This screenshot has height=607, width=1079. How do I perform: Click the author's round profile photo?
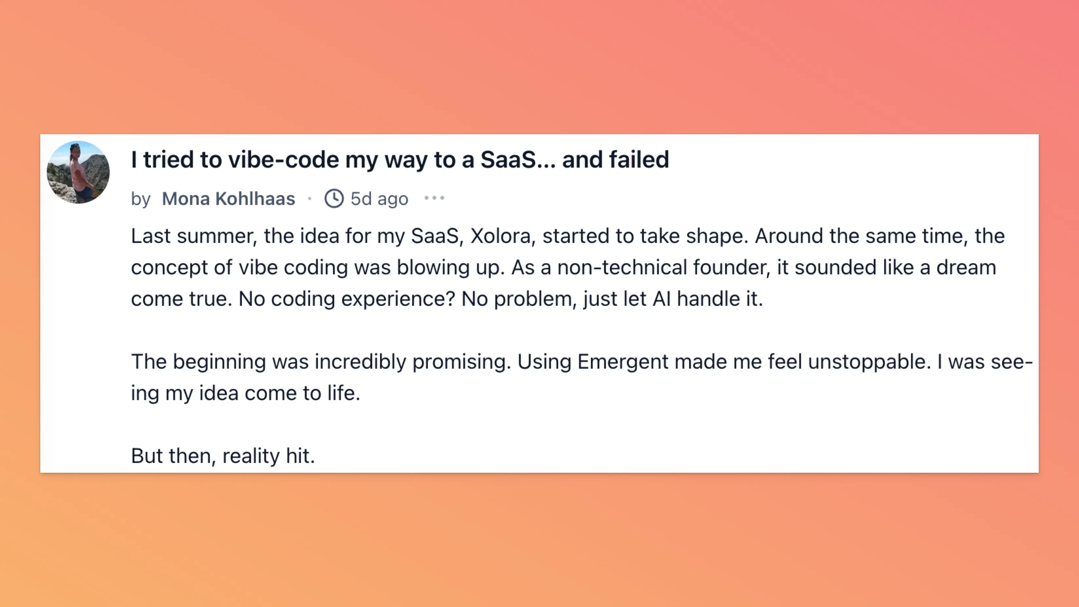coord(78,172)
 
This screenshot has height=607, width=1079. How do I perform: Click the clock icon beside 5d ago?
coord(334,198)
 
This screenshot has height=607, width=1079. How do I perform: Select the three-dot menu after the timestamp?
coord(434,198)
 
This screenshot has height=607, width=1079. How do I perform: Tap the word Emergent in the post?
coord(622,362)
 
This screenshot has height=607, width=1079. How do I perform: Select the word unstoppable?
coord(869,362)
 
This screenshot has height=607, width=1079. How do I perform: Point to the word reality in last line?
coord(250,456)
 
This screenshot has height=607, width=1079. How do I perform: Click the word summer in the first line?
coord(215,237)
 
